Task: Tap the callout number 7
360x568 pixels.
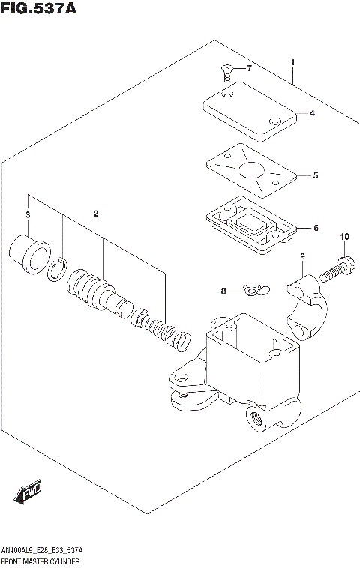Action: point(250,69)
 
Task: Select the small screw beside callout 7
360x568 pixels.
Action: point(226,72)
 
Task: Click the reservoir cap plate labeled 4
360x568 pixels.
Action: point(250,112)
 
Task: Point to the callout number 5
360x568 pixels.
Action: point(316,176)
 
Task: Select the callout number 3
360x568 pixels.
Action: point(28,216)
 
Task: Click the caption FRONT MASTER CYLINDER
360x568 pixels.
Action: point(45,560)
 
